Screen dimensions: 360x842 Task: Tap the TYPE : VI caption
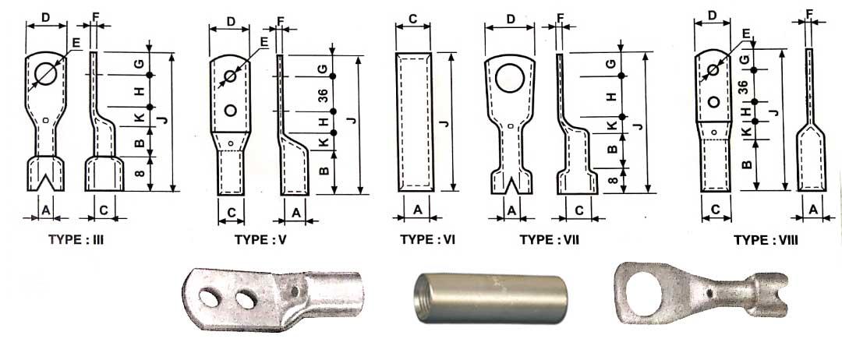(427, 240)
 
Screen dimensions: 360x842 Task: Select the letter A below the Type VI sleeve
(417, 209)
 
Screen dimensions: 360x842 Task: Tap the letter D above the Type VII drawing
(511, 18)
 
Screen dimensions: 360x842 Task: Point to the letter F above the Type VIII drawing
(809, 13)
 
